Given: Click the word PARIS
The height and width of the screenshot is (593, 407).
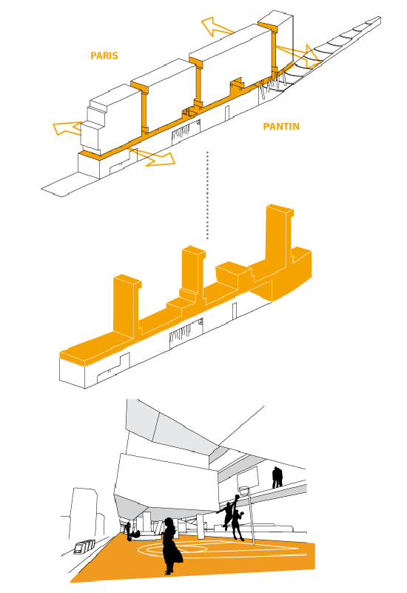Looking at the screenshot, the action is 104,56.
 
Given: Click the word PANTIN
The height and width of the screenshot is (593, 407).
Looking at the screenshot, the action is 281,127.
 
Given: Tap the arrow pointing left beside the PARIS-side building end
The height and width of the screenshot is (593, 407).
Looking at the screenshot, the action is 67,128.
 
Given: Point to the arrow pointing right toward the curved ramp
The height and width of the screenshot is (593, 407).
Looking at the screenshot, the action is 298,56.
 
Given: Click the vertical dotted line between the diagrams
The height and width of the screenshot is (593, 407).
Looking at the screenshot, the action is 207,195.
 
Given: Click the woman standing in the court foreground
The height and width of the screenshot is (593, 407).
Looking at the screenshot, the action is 171,546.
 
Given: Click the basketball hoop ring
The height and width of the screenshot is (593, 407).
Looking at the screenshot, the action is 244,490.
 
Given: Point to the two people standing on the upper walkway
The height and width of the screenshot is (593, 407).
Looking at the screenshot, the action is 277,478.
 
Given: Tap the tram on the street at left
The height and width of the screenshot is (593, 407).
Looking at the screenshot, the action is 84,546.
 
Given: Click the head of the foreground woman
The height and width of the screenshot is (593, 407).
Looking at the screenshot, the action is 169,522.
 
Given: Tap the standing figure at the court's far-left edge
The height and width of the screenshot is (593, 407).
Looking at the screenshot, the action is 129,532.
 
